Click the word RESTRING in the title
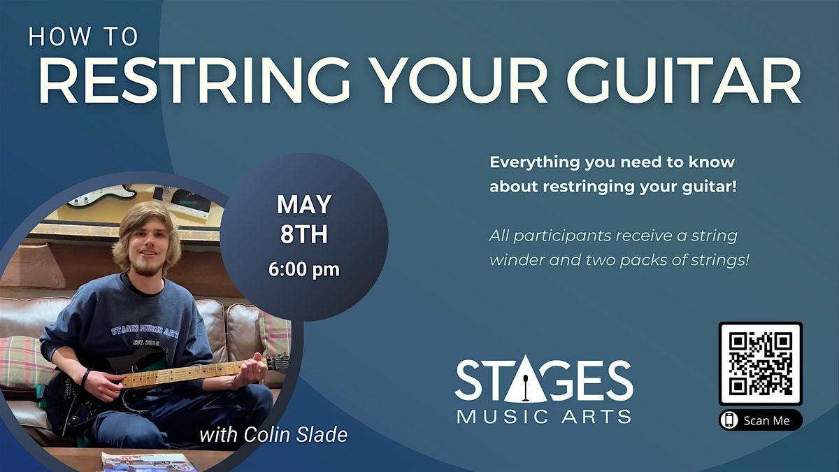pos(194,80)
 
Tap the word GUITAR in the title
pos(684,80)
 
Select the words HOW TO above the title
pos(83,36)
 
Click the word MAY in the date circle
pos(303,204)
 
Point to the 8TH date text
pos(303,234)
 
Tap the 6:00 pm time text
pos(303,269)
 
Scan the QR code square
pos(761,364)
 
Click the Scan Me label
pos(767,420)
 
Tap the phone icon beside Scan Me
pos(729,420)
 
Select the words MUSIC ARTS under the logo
pos(544,417)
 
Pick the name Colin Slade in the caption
pos(296,435)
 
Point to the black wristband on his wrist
pos(85,378)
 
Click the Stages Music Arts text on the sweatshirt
pos(145,331)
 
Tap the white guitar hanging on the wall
pos(102,196)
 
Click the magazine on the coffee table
pos(146,462)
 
